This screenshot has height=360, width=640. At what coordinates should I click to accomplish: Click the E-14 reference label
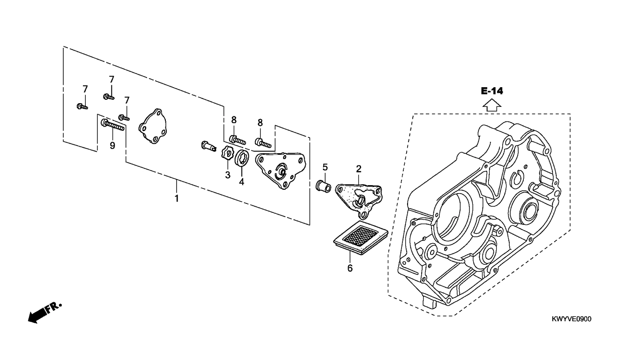pyautogui.click(x=492, y=91)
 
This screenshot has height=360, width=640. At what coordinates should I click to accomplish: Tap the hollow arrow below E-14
pyautogui.click(x=492, y=105)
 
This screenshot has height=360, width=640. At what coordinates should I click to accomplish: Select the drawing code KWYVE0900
pyautogui.click(x=572, y=319)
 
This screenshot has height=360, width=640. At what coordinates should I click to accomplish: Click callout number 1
pyautogui.click(x=177, y=198)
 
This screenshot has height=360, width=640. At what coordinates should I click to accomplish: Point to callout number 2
pyautogui.click(x=358, y=169)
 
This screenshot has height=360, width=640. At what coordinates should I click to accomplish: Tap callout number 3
pyautogui.click(x=227, y=175)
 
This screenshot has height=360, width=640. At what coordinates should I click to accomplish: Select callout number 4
pyautogui.click(x=242, y=182)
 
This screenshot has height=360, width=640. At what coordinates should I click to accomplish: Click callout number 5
pyautogui.click(x=325, y=167)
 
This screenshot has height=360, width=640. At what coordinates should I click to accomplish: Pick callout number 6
pyautogui.click(x=350, y=268)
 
